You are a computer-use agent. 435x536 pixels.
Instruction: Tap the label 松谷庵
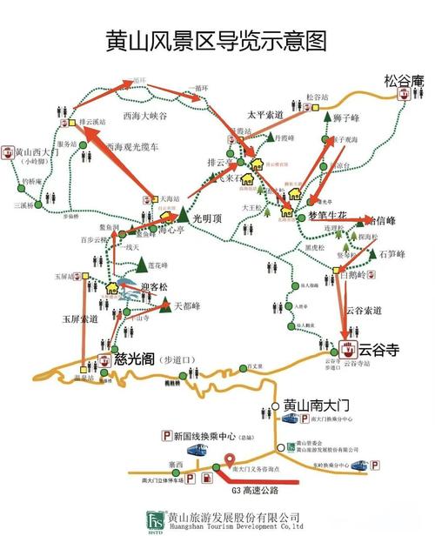pyautogui.click(x=403, y=81)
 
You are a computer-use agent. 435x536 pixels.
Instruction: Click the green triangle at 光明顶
pyautogui.click(x=184, y=214)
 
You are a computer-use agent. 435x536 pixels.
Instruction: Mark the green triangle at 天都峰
pyautogui.click(x=164, y=304)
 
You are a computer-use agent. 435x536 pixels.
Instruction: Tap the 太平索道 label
pyautogui.click(x=265, y=114)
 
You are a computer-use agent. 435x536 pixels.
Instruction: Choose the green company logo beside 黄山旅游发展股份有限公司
pyautogui.click(x=156, y=520)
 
